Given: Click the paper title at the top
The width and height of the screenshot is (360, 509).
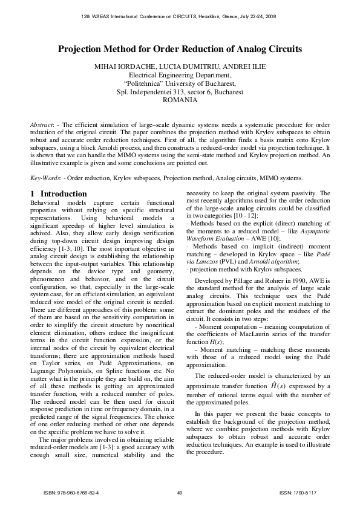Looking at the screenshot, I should [180, 50].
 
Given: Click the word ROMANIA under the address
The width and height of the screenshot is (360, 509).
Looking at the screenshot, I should [180, 101].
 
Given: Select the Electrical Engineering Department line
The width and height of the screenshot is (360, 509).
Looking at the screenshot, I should [180, 75].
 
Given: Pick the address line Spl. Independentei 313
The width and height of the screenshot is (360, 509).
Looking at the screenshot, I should [180, 92].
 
